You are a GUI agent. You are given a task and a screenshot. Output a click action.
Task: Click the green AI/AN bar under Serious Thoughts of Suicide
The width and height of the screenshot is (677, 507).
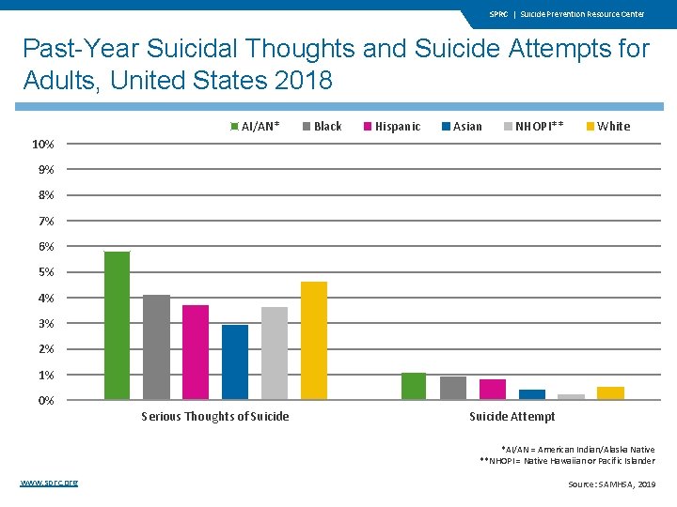coord(117,325)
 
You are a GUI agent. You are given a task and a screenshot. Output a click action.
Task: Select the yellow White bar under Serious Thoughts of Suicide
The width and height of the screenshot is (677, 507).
coord(313,340)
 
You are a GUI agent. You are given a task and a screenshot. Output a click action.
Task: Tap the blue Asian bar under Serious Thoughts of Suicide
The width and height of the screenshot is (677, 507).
coord(235,361)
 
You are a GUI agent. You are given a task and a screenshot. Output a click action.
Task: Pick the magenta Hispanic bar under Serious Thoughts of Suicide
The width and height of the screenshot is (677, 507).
coord(196,352)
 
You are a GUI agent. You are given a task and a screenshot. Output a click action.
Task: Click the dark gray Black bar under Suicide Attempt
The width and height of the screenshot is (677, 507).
coord(453,388)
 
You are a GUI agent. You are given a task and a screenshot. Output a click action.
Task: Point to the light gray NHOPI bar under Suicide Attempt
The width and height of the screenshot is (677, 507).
coord(571,396)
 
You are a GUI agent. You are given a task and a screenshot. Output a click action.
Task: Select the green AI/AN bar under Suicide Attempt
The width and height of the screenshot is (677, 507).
coord(414,386)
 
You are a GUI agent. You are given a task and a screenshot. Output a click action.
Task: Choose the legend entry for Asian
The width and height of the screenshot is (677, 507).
coord(462,126)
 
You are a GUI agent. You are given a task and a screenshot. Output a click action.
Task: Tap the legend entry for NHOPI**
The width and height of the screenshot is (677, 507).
coord(533,126)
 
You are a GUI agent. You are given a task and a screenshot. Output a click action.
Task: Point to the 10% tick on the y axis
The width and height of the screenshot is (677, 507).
coord(43,145)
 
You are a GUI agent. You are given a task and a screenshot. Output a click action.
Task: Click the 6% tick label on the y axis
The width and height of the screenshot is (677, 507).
coord(46,247)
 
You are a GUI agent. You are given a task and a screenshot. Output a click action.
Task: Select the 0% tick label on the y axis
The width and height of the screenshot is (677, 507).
coord(46,401)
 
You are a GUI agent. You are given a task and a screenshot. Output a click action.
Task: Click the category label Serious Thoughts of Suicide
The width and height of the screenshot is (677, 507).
coord(214,417)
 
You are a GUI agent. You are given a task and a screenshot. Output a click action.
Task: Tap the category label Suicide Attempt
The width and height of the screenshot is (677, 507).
coord(512,417)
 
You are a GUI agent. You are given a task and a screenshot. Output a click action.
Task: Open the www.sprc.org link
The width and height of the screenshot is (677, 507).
coord(49,483)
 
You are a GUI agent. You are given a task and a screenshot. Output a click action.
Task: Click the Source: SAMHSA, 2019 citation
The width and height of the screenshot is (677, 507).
coord(611,484)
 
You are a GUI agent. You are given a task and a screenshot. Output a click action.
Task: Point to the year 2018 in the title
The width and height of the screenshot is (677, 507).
coord(303,81)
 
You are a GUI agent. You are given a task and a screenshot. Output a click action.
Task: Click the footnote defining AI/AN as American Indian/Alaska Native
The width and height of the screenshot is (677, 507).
coord(577,450)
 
